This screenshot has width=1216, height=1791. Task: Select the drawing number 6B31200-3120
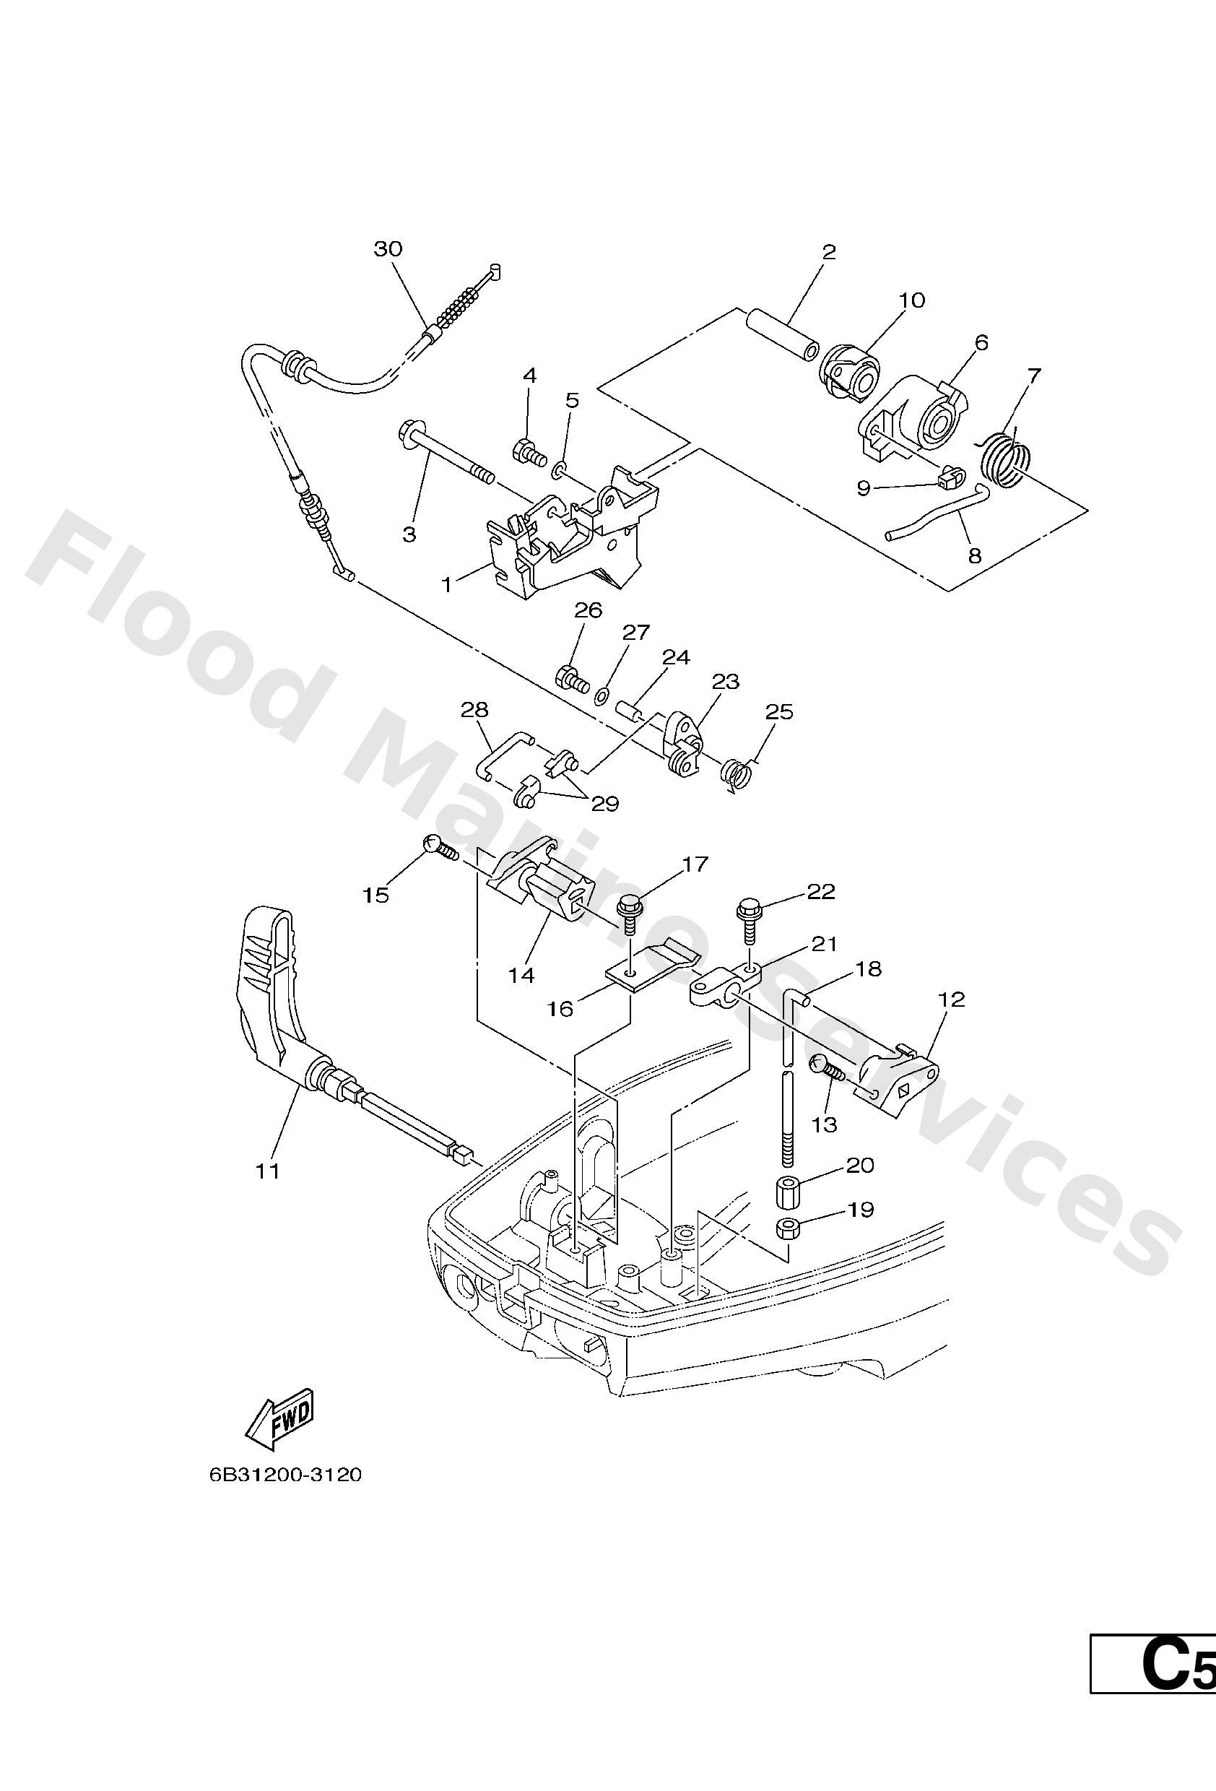pos(285,1475)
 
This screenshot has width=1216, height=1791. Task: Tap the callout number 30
pos(388,249)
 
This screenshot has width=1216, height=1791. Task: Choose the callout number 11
pos(267,1171)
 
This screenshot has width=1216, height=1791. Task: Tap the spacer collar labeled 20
pos(788,1191)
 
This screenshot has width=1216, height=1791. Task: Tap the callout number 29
pos(605,804)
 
